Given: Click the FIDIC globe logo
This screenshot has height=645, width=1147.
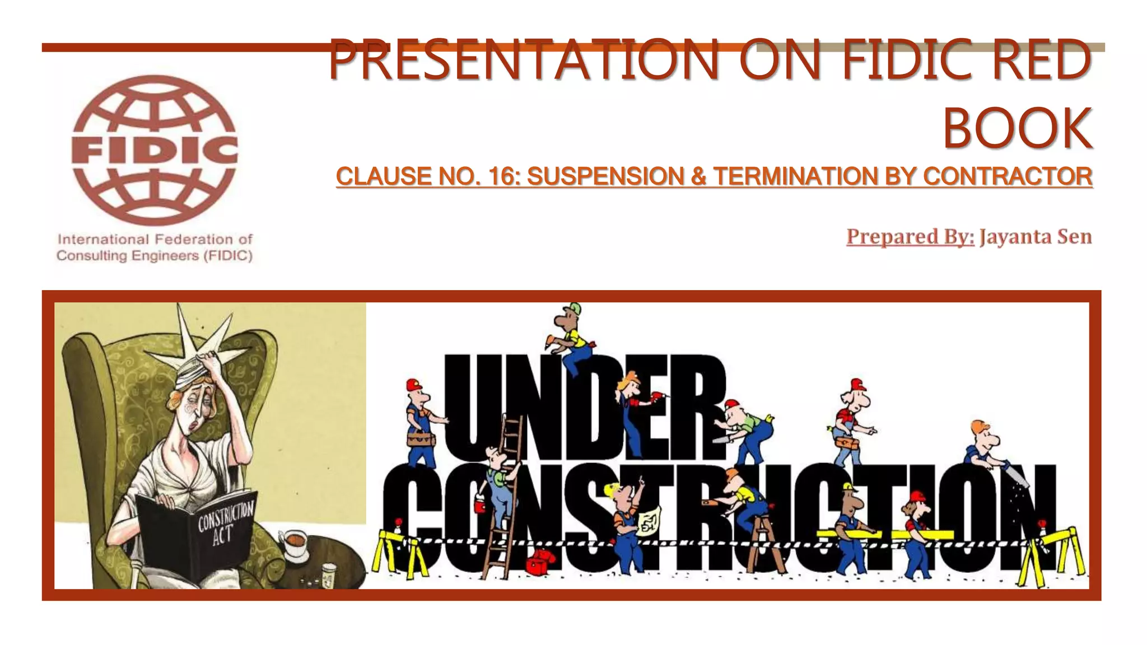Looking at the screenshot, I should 155,150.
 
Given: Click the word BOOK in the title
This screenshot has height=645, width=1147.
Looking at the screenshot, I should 1017,129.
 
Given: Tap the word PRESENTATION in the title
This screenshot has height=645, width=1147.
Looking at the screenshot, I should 523,59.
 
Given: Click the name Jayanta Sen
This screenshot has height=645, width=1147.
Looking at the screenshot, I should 1036,237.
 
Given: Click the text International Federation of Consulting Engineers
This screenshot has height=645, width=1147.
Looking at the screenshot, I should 155,247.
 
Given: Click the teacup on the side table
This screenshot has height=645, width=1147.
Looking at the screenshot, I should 293,543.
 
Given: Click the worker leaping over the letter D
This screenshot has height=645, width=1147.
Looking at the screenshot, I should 571,339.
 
